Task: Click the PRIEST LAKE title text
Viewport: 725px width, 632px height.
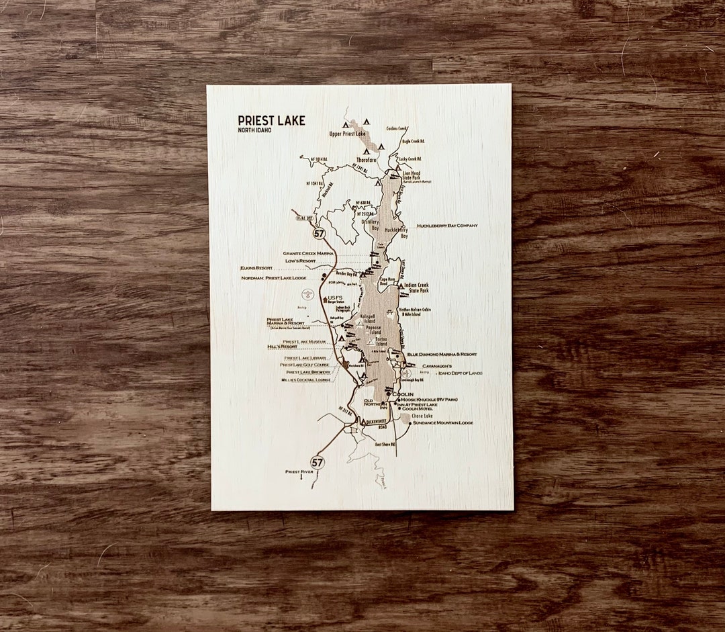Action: (271, 121)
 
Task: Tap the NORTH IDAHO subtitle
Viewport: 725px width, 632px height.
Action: (254, 130)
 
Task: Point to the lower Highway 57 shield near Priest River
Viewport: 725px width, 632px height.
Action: (317, 462)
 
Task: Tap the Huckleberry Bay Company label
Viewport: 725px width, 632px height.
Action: (447, 226)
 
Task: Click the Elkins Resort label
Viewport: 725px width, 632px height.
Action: (256, 268)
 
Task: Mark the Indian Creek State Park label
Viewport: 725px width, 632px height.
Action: (416, 288)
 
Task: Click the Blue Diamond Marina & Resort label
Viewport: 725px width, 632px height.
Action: (442, 354)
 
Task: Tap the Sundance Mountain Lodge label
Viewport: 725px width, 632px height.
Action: (442, 423)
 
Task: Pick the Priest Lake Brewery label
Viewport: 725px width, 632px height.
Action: (308, 372)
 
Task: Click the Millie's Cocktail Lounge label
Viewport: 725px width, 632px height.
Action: (306, 380)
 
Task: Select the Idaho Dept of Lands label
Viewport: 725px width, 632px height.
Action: (460, 373)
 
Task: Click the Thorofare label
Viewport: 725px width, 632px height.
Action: (367, 161)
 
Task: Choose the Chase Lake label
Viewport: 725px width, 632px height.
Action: (422, 416)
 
